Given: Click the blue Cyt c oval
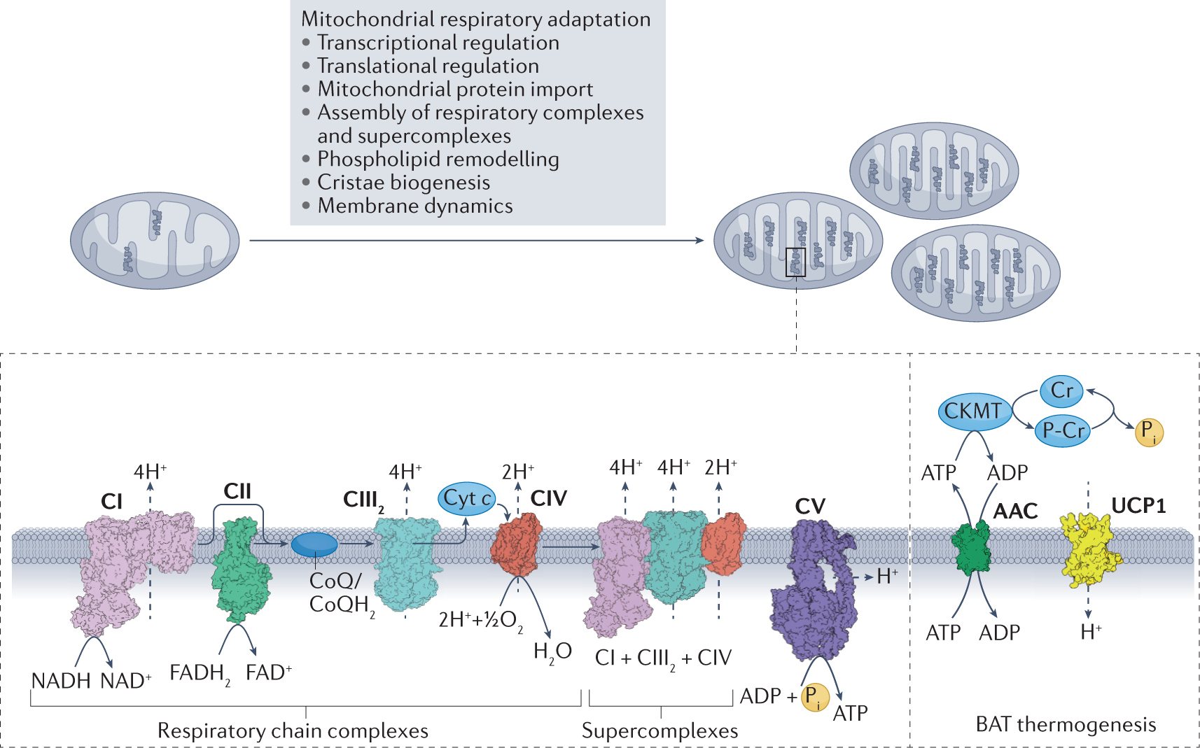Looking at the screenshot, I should click(466, 499).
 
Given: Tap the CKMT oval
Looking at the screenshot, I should click(974, 411).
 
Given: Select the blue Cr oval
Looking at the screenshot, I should click(1061, 390).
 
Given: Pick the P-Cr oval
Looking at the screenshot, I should click(1063, 430).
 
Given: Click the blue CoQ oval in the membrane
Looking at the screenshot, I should click(314, 544).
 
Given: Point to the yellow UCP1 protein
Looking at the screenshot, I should click(1089, 550).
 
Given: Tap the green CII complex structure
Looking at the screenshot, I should click(242, 570).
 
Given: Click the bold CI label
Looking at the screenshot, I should click(111, 502).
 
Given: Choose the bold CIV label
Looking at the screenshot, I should click(548, 498).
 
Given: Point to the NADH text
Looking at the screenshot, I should click(61, 681).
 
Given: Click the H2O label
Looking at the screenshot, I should click(552, 652).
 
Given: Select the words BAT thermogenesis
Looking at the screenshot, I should click(1066, 724).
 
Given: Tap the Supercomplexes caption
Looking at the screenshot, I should click(660, 731).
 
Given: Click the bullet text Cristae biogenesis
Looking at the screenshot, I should click(403, 183).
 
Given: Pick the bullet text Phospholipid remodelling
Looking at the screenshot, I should click(438, 160).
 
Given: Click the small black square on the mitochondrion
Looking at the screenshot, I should click(795, 262).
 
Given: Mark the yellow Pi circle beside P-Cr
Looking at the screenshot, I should click(1149, 431).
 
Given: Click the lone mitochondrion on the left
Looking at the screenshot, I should click(155, 241).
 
